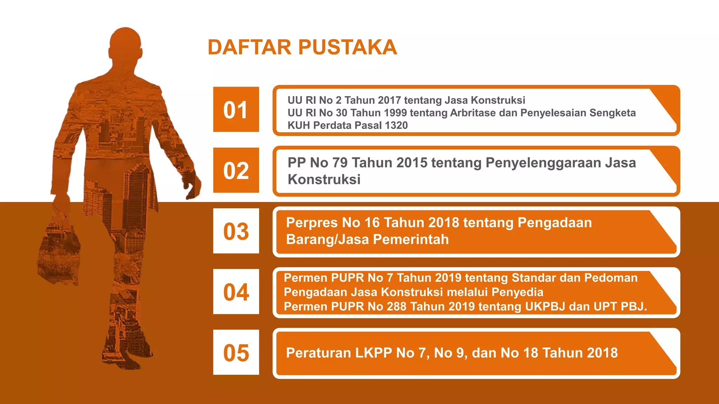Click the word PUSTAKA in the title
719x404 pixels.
pos(348,47)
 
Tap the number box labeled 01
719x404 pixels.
pos(236,109)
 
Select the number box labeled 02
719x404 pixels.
pos(236,170)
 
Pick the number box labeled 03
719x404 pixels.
pos(236,231)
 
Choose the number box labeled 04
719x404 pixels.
pos(236,291)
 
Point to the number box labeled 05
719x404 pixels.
pos(236,352)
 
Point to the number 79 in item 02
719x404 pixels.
pos(339,163)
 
